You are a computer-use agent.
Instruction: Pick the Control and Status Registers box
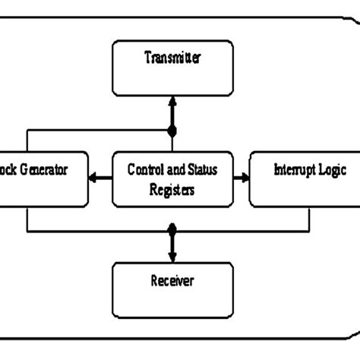click(172, 178)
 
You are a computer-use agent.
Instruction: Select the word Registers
click(172, 190)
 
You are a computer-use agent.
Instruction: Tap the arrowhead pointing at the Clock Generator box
click(93, 179)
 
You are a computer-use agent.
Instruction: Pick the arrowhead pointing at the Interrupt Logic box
click(245, 179)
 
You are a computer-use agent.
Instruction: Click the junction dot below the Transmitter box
click(172, 131)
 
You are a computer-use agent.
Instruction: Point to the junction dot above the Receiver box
click(172, 229)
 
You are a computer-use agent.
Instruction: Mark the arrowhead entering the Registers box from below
click(172, 213)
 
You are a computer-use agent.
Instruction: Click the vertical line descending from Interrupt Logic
click(309, 218)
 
